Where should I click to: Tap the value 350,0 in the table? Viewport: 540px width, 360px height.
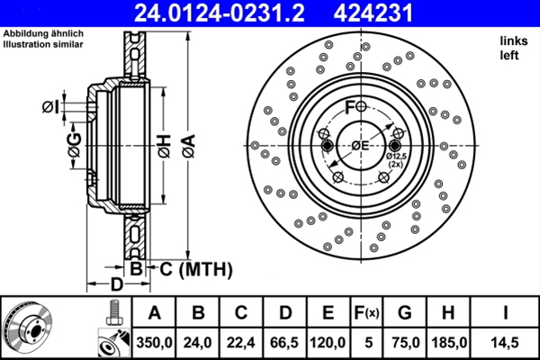pyautogui.click(x=154, y=342)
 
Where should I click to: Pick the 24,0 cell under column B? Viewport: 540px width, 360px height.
pyautogui.click(x=198, y=342)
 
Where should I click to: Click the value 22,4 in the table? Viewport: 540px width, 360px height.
pyautogui.click(x=241, y=342)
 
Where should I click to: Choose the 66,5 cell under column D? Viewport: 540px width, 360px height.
pyautogui.click(x=285, y=342)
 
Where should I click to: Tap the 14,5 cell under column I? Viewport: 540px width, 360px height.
pyautogui.click(x=506, y=342)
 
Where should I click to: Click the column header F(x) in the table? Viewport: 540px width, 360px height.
pyautogui.click(x=366, y=313)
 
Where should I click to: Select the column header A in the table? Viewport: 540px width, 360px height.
pyautogui.click(x=154, y=313)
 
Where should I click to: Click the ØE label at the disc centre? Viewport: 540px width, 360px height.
pyautogui.click(x=360, y=146)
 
